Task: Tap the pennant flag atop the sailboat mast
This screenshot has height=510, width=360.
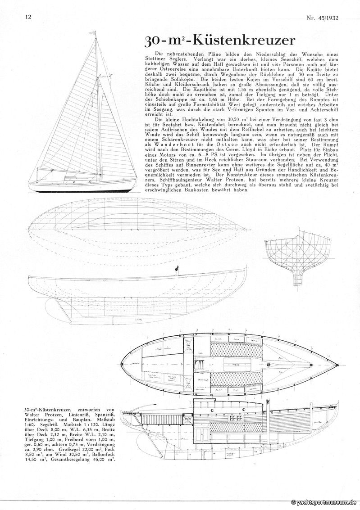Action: (93, 33)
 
